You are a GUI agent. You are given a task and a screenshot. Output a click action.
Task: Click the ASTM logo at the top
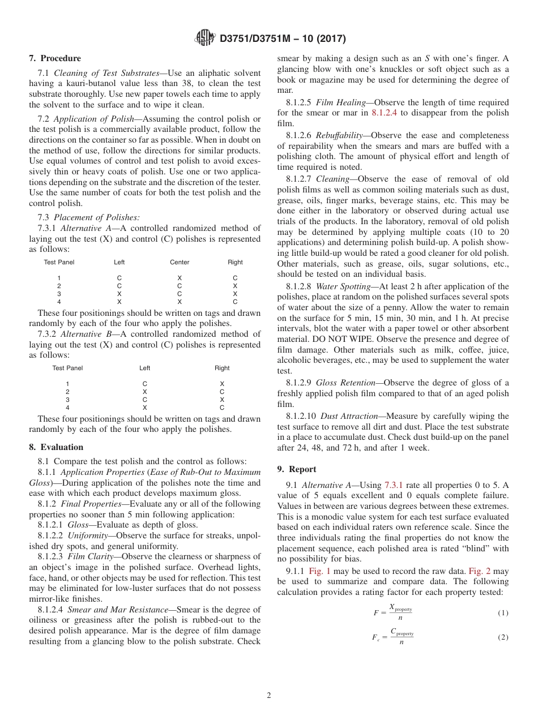(204, 38)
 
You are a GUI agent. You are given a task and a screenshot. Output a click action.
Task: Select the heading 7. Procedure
(55, 58)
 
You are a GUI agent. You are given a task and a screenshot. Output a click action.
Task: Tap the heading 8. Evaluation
(56, 447)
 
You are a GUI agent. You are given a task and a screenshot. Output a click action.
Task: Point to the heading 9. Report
(297, 469)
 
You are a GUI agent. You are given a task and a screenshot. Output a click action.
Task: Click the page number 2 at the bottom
(269, 696)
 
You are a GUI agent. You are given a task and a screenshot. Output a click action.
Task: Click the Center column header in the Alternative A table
(180, 262)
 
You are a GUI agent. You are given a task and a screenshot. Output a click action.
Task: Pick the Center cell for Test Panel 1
(180, 278)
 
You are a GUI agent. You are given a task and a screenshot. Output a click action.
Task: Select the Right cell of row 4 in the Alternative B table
(222, 408)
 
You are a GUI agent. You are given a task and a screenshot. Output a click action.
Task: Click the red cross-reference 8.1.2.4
(386, 113)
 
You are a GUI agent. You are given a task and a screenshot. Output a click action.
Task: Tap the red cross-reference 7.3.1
(394, 485)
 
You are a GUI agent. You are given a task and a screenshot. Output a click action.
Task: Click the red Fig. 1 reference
(319, 571)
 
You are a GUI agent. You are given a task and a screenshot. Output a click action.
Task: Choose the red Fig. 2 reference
(479, 571)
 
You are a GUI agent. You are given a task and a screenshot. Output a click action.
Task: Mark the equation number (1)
(503, 613)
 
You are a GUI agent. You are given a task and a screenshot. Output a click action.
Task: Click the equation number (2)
(503, 637)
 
